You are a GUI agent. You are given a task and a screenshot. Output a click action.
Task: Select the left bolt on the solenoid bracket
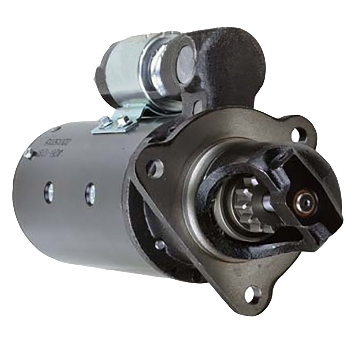click(x=104, y=122)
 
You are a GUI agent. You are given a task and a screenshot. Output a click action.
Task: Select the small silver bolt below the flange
click(x=159, y=245)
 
